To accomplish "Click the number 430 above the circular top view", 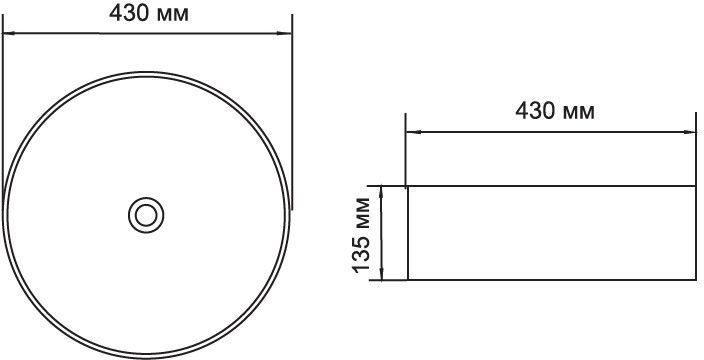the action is point(129,14).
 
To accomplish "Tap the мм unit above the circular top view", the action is point(172,16).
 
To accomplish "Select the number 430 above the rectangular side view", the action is point(535,111).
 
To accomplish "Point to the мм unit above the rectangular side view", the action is point(578,113).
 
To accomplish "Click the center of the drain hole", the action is point(146,215).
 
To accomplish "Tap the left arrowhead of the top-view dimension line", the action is point(9,33).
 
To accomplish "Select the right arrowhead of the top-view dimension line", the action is point(285,33).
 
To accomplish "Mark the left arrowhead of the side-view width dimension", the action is point(413,132).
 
